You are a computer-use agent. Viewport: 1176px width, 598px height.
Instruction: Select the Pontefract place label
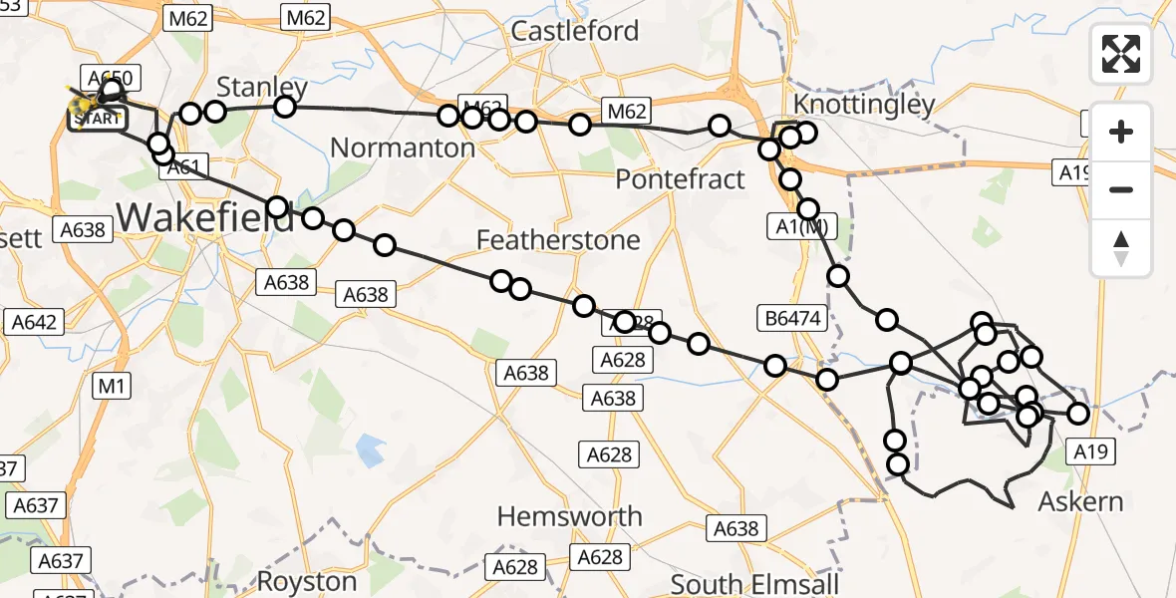[x=680, y=179]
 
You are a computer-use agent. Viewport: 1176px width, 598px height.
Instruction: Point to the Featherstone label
[x=558, y=240]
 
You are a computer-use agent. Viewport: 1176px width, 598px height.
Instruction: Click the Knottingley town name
[x=864, y=105]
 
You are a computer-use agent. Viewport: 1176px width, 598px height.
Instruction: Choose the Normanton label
[x=402, y=149]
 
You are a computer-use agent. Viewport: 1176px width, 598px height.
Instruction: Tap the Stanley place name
[x=262, y=86]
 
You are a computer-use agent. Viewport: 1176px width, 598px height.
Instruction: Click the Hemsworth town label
[x=569, y=516]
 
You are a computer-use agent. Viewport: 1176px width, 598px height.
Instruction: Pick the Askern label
[x=1080, y=501]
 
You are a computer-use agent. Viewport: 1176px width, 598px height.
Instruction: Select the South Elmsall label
[x=754, y=583]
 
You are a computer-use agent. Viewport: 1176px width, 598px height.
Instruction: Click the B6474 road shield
[x=793, y=319]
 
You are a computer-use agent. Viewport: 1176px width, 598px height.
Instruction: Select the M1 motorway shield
[x=110, y=386]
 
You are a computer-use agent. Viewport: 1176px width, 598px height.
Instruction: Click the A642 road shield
[x=34, y=322]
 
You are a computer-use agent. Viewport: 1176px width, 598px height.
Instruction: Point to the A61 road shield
[x=186, y=168]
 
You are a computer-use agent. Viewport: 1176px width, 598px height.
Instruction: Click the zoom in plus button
[x=1121, y=132]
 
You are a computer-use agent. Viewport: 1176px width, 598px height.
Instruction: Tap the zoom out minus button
[x=1121, y=189]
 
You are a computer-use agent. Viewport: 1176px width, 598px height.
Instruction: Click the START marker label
[x=97, y=120]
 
